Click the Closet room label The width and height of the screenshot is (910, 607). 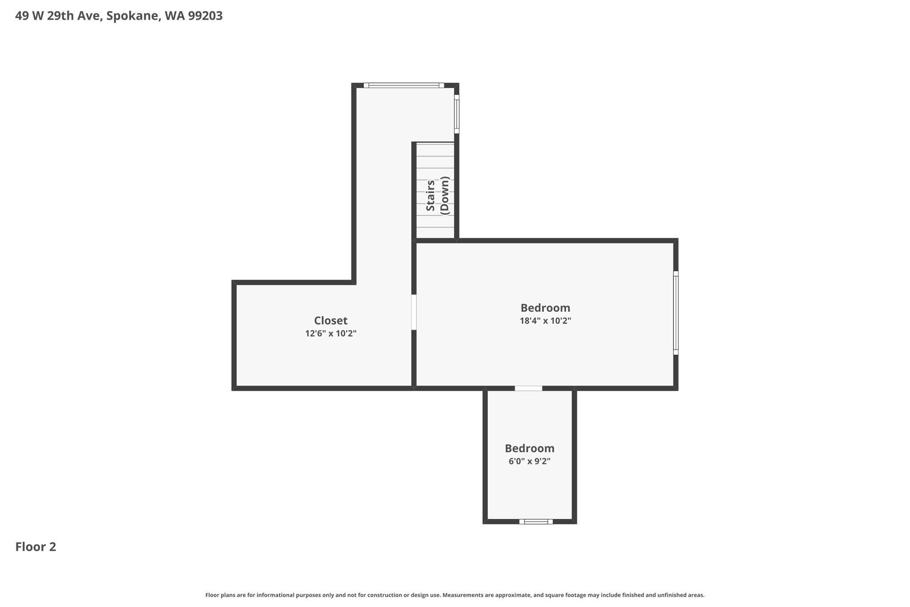[331, 321]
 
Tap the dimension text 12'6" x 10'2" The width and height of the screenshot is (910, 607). [331, 334]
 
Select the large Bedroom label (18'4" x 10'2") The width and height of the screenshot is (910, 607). [545, 308]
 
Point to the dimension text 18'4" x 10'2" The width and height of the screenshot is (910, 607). [545, 321]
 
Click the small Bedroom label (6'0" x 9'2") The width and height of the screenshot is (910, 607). [529, 448]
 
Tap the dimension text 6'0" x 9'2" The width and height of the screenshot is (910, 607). [529, 462]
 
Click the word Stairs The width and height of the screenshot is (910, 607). [430, 196]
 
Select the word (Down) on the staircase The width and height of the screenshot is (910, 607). [445, 196]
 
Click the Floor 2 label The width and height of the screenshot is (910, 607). [36, 547]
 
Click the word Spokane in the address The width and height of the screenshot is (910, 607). [133, 16]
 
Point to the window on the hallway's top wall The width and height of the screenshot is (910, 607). [403, 85]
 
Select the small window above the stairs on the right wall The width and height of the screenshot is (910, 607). [456, 114]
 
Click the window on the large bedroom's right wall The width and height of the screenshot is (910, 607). [675, 313]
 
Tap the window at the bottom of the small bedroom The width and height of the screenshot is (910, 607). [536, 522]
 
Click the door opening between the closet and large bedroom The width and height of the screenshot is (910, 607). [414, 312]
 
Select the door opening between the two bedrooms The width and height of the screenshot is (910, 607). [528, 389]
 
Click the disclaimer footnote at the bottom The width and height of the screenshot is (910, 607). [455, 595]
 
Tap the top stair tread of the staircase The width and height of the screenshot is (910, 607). [435, 150]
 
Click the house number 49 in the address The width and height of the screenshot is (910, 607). [21, 16]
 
